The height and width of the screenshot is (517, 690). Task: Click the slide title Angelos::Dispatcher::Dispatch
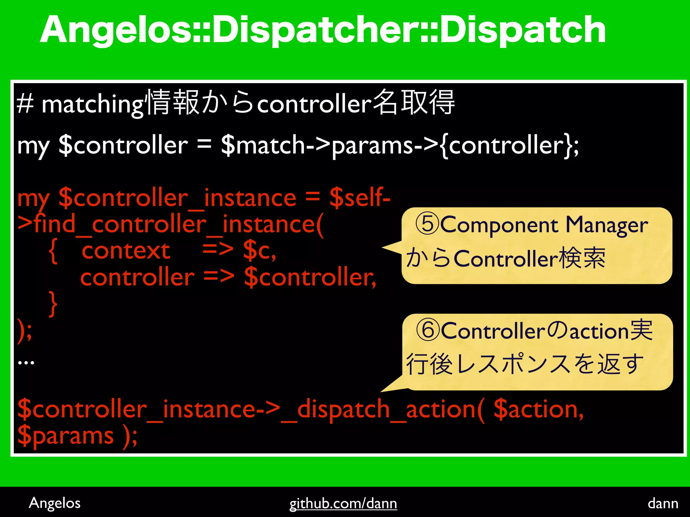323,30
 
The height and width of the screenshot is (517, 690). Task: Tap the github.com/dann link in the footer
343,504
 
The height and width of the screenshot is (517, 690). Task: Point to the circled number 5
428,225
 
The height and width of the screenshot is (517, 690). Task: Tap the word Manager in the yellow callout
606,226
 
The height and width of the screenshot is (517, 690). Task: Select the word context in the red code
126,251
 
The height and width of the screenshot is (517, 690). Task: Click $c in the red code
259,251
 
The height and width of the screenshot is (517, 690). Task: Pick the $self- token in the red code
360,198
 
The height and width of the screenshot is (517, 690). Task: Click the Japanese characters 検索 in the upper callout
582,258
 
